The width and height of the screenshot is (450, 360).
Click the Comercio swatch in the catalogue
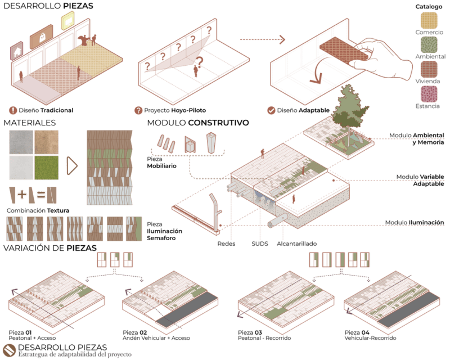429,20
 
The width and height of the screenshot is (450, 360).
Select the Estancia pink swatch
429,94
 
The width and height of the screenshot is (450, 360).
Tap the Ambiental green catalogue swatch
429,45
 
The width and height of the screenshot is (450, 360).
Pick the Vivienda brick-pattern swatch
429,70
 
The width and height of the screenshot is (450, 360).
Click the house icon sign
17,51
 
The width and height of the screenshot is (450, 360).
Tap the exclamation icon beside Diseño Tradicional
13,110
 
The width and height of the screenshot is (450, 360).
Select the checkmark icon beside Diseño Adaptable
271,110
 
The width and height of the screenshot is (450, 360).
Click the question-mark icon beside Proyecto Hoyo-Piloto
138,110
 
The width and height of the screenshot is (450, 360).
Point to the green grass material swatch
46,168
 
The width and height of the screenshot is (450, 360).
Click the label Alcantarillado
297,244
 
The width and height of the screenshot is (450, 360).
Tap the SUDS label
260,244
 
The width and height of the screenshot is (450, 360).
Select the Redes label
226,244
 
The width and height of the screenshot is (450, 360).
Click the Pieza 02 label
135,332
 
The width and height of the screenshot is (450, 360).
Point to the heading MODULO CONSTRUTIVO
198,123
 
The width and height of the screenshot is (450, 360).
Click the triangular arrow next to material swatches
72,166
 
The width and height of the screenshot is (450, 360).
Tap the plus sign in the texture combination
22,195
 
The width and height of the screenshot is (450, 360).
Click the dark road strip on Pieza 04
409,310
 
